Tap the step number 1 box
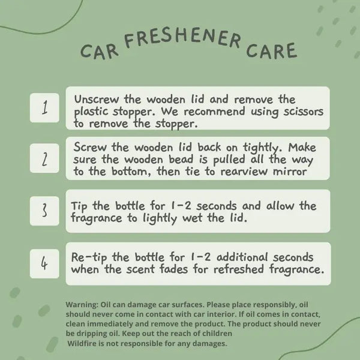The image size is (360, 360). [44, 107]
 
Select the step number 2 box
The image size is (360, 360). [44, 158]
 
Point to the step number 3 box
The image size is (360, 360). [44, 211]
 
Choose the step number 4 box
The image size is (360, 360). [44, 263]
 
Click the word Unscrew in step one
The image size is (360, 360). [97, 99]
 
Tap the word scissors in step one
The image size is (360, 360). [303, 112]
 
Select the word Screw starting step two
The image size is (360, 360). [90, 147]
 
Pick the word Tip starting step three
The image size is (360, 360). [79, 206]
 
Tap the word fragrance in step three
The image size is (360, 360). [96, 218]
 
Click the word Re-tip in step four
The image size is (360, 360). [89, 257]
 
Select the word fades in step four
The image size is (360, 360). [174, 269]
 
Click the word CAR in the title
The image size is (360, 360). [100, 52]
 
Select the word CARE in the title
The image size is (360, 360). [272, 50]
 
